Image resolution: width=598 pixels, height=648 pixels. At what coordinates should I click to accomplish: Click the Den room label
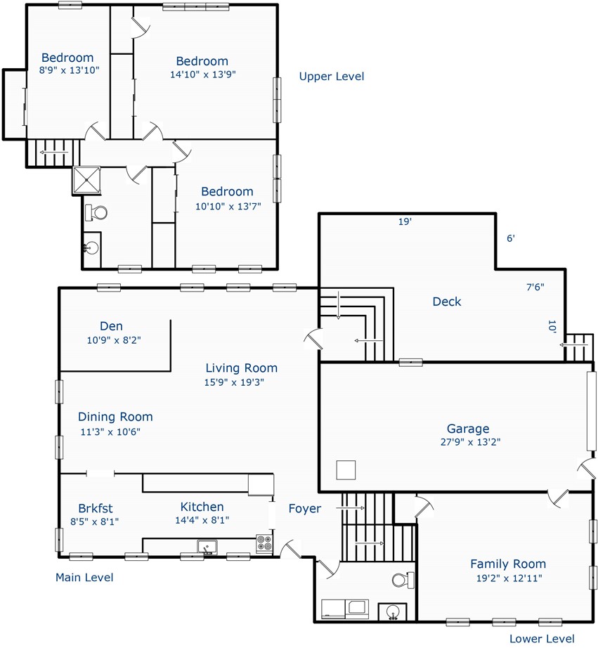[x=111, y=326]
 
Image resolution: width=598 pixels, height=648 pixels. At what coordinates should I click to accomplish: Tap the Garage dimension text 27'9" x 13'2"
[x=470, y=442]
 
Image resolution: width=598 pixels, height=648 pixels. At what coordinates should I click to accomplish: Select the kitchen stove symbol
[x=264, y=543]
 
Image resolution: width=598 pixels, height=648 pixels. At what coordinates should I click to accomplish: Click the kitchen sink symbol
[x=207, y=546]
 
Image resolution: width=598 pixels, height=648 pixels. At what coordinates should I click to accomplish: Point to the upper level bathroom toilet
[x=96, y=213]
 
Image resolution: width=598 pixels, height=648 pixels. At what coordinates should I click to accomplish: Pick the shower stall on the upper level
[x=86, y=180]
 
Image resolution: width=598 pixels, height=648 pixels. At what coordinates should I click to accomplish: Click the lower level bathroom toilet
[x=403, y=579]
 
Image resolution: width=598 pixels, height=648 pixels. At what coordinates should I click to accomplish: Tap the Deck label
[x=447, y=302]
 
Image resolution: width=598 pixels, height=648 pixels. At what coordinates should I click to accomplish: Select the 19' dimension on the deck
[x=405, y=221]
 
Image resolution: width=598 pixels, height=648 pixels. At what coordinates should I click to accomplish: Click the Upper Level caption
[x=332, y=77]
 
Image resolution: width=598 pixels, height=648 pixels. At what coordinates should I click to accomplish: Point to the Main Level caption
[x=84, y=577]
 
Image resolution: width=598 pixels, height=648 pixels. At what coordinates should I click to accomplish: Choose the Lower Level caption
[x=542, y=638]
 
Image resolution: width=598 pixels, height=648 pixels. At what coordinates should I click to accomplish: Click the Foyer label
[x=304, y=509]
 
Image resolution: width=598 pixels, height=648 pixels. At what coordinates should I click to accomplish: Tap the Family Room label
[x=508, y=564]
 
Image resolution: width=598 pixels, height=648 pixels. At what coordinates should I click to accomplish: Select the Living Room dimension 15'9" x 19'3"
[x=234, y=382]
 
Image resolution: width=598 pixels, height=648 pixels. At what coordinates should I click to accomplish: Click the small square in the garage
[x=346, y=470]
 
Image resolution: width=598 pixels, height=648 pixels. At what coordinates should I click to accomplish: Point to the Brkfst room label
[x=96, y=508]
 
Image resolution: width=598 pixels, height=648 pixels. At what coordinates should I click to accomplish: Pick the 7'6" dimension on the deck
[x=535, y=287]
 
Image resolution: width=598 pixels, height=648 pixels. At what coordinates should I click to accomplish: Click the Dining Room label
[x=115, y=417]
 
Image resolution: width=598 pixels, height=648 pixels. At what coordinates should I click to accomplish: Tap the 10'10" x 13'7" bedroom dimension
[x=228, y=206]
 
